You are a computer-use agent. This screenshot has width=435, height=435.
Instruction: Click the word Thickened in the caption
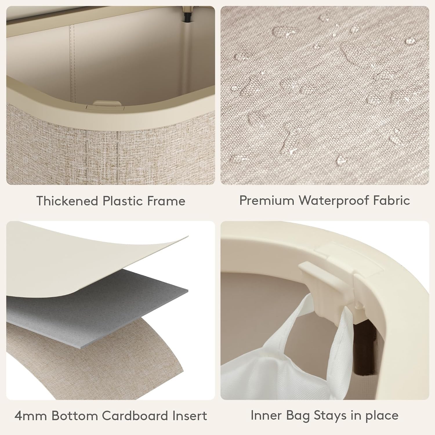click(x=67, y=201)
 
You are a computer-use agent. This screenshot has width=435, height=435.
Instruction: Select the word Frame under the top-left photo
click(x=166, y=201)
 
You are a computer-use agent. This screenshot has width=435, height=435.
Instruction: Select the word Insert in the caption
click(x=190, y=416)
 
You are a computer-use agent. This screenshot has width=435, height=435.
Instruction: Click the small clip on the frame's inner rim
click(x=107, y=104)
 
